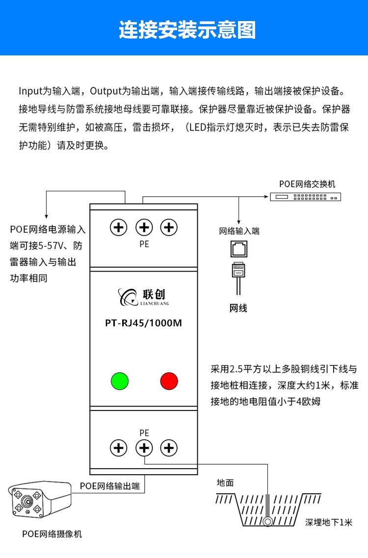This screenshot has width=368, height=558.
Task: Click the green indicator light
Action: tap(120, 381)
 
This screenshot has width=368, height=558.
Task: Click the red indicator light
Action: tap(169, 381)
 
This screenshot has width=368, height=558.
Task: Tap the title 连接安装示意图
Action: tap(187, 30)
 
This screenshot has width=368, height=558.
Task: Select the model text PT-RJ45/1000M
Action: tap(144, 323)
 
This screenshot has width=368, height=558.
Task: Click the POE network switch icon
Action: tap(305, 197)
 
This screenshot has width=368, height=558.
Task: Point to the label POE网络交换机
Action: tap(307, 184)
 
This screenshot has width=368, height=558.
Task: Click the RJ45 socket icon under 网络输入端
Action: tap(239, 250)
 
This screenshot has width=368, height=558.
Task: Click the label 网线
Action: tap(238, 308)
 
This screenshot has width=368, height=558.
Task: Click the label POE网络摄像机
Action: tap(52, 534)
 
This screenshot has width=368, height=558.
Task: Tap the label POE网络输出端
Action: tap(110, 486)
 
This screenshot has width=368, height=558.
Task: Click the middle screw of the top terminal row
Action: tap(144, 227)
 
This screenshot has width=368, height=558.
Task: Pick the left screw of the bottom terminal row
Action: tap(118, 447)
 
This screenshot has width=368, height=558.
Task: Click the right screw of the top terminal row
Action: tap(169, 227)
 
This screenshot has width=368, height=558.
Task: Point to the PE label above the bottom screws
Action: tap(144, 433)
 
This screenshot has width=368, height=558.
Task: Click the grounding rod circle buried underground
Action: tap(268, 521)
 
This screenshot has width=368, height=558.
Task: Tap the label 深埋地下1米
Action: tap(328, 522)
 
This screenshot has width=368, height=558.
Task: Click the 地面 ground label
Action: tap(225, 483)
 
